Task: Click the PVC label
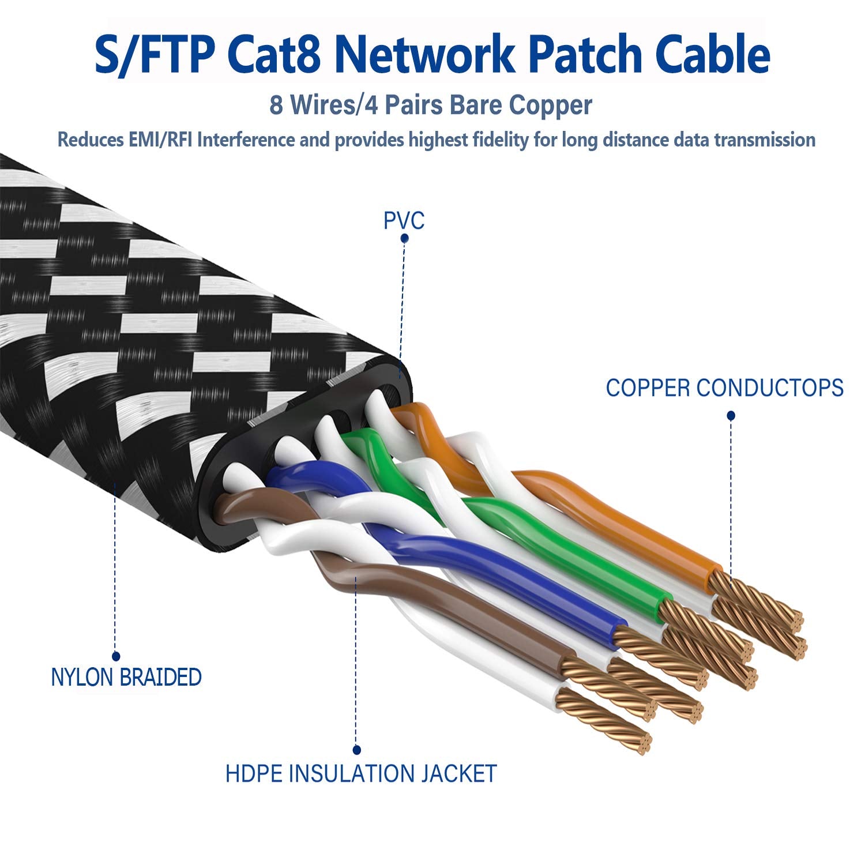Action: coord(404,221)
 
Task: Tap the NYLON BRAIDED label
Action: coord(126,677)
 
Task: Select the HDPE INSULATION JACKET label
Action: coord(360,773)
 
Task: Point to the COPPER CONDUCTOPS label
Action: coord(724,388)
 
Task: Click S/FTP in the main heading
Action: coord(153,55)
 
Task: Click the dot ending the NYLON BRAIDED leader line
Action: coord(116,656)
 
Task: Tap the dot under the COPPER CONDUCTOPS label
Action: coord(731,415)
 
